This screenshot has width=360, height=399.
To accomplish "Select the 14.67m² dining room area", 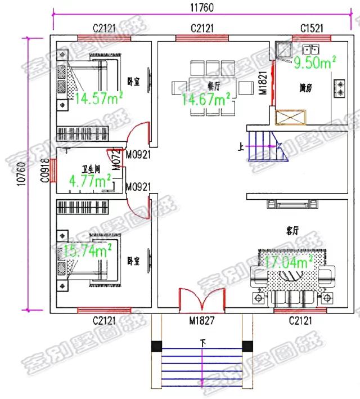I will click(206, 100).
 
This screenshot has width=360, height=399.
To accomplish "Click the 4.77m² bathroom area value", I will click(90, 181).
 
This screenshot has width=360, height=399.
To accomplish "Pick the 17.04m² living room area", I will click(289, 262).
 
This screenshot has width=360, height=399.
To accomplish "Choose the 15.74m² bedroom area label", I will click(87, 250).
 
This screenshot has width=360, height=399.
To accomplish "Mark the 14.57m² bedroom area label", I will click(100, 99).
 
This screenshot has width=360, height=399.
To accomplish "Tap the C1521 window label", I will click(310, 28).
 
